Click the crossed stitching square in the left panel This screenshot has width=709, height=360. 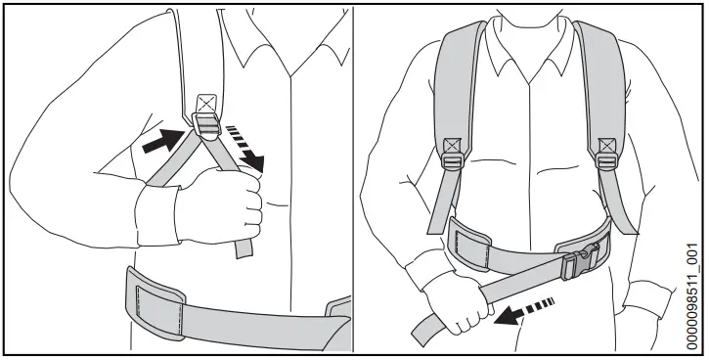(x=205, y=102)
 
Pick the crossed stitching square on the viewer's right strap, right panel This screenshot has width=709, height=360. (x=605, y=146)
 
